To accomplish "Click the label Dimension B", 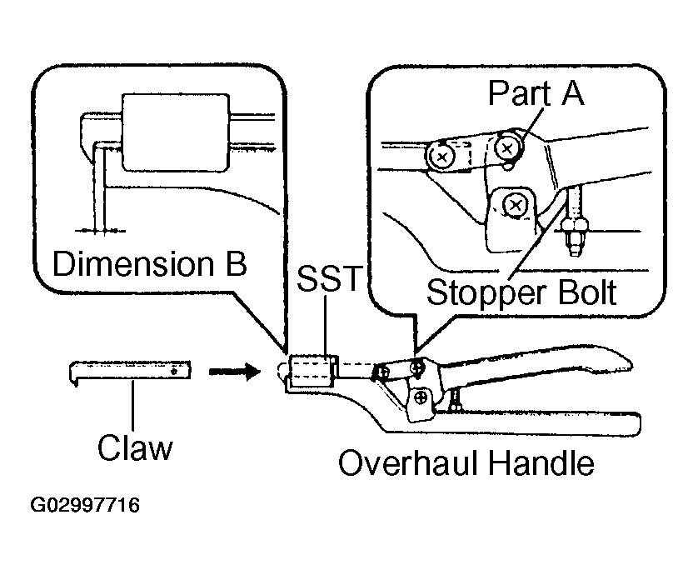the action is click(150, 264).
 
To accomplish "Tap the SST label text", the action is click(328, 279).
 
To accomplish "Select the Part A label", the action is click(536, 93).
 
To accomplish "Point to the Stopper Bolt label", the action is click(521, 293).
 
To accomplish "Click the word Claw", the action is click(135, 447).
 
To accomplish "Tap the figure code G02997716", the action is click(85, 506).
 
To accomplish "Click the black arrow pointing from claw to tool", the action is click(235, 371).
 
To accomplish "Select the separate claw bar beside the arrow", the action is click(130, 372).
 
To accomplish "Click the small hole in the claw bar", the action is click(175, 371).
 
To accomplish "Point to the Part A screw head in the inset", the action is click(507, 147).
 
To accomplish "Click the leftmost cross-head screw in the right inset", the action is click(441, 157).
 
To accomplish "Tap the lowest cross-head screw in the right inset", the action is click(515, 205).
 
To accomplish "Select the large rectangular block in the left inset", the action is click(176, 132).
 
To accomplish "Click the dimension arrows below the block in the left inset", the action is click(100, 231).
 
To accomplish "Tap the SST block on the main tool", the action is click(312, 371).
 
